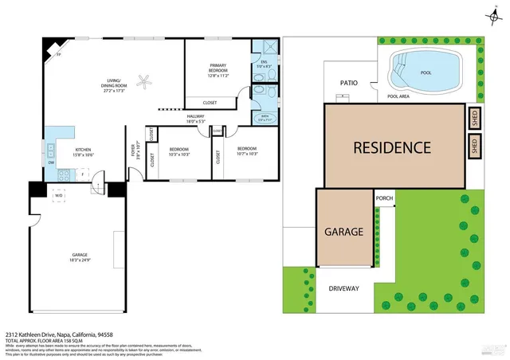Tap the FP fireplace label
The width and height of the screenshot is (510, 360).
click(57, 54)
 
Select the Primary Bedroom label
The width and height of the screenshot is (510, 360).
click(218, 68)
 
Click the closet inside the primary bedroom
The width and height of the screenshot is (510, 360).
click(210, 102)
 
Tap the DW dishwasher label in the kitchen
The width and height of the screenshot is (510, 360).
click(51, 162)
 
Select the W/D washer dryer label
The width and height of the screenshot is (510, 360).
click(58, 195)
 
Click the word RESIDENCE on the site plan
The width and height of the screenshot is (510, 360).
click(392, 147)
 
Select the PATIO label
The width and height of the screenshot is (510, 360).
click(348, 82)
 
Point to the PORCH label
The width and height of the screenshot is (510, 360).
click(384, 199)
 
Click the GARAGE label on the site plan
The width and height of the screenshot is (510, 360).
click(343, 233)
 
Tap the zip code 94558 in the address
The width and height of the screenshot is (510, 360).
click(105, 335)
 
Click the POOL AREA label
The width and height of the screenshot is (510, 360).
click(398, 96)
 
